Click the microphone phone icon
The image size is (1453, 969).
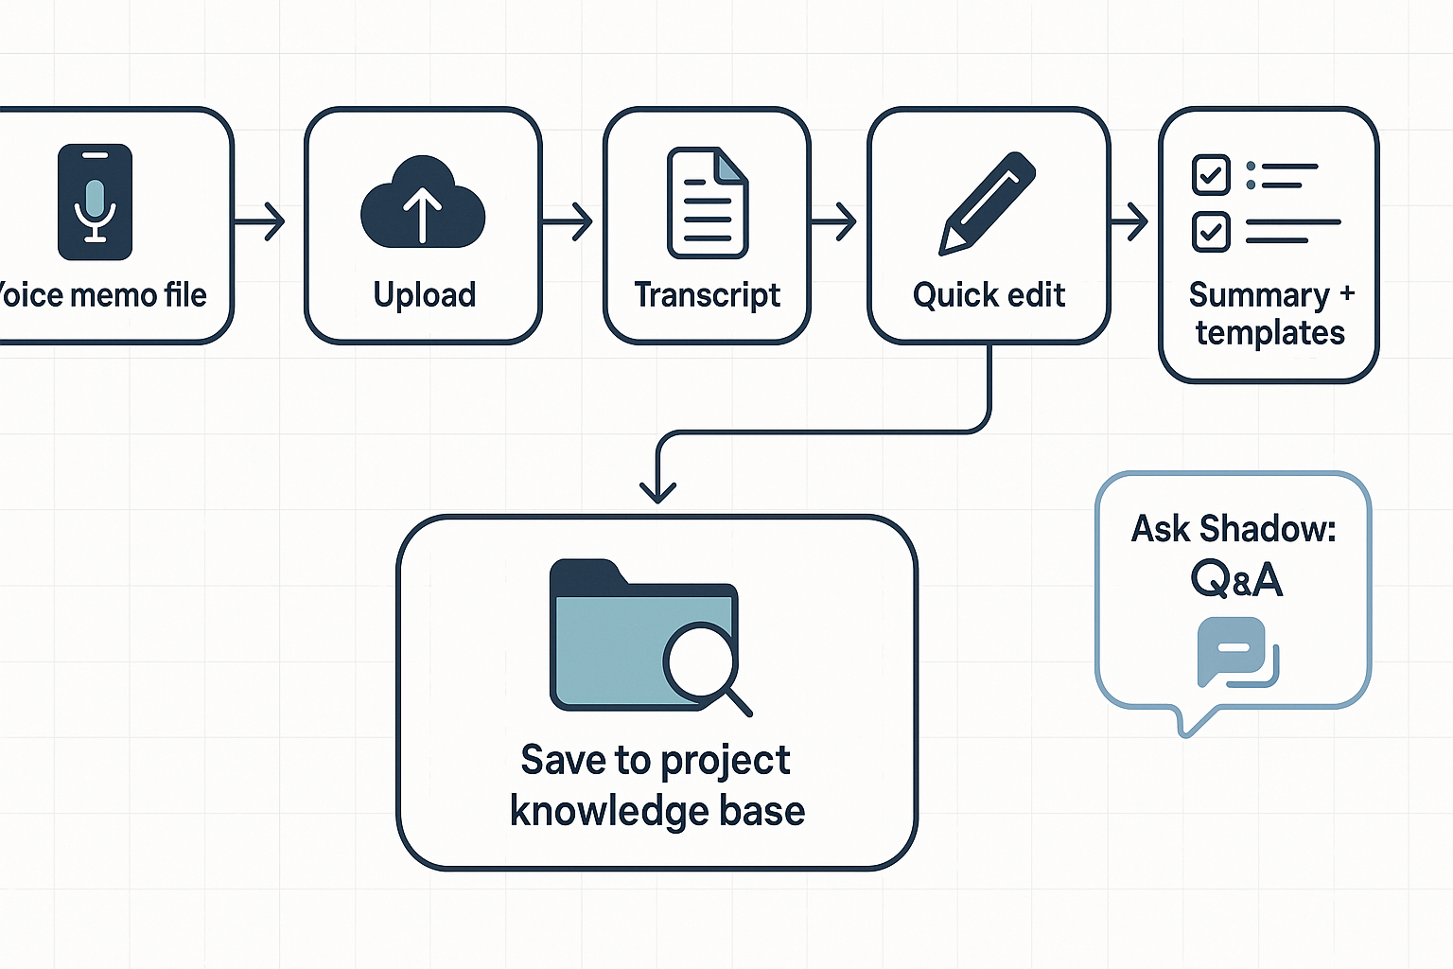click(95, 203)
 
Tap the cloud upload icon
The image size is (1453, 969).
click(423, 203)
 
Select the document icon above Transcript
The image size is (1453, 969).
click(708, 203)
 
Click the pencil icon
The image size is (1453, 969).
click(987, 203)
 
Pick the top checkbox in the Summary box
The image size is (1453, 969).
click(1211, 175)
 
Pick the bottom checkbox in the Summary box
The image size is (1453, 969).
click(1211, 232)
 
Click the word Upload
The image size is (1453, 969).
click(424, 295)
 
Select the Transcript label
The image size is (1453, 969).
click(707, 295)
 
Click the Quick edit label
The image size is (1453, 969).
click(989, 295)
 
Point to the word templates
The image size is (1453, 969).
click(1269, 333)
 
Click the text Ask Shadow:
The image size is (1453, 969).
click(1234, 529)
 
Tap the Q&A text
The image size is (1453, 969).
click(1236, 578)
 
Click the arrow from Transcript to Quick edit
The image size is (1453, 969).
click(834, 221)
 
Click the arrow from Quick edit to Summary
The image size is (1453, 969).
click(1129, 221)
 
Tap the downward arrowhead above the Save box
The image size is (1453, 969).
click(657, 490)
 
